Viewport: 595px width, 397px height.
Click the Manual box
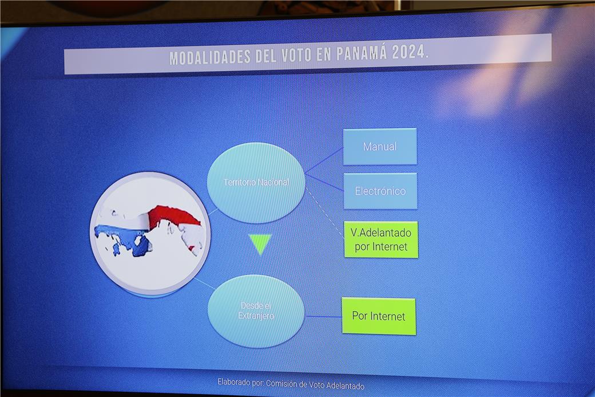click(380, 147)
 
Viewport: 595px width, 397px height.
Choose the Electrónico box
click(380, 191)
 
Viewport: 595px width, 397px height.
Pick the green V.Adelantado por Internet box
click(381, 239)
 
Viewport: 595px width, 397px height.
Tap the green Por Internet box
click(379, 316)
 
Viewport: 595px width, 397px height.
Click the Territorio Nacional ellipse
click(256, 182)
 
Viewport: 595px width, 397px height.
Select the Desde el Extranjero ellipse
click(256, 310)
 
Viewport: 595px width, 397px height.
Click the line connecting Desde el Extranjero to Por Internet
click(324, 316)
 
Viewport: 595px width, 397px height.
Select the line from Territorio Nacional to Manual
click(324, 160)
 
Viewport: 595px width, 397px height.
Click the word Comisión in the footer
click(281, 384)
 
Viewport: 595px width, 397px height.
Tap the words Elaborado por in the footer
click(241, 382)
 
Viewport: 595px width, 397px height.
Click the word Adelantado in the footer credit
click(346, 386)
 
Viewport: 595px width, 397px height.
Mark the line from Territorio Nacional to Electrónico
click(324, 182)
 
